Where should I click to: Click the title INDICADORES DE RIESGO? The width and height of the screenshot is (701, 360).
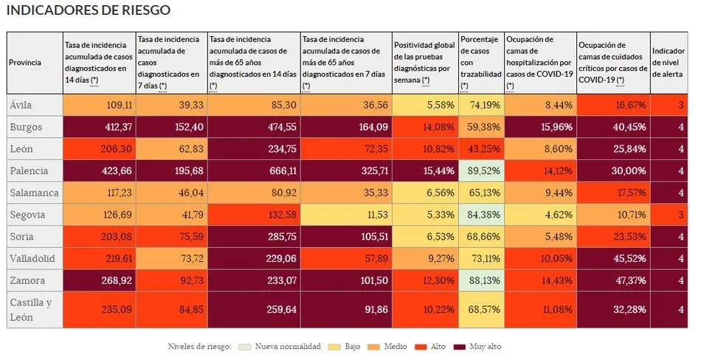(88, 10)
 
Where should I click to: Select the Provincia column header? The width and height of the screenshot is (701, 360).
(25, 63)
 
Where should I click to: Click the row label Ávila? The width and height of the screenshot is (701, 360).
(21, 105)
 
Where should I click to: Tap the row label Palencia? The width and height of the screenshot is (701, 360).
(28, 170)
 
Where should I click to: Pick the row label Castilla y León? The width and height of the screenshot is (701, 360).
(30, 309)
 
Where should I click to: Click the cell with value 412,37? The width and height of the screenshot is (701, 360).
(100, 127)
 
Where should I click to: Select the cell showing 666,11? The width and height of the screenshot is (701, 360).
(254, 170)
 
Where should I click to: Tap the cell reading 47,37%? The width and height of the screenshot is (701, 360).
(612, 280)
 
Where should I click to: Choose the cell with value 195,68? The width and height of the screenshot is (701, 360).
(171, 170)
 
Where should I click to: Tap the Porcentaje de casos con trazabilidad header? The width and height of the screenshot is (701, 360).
(480, 63)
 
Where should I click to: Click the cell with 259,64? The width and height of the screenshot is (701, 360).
(254, 309)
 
